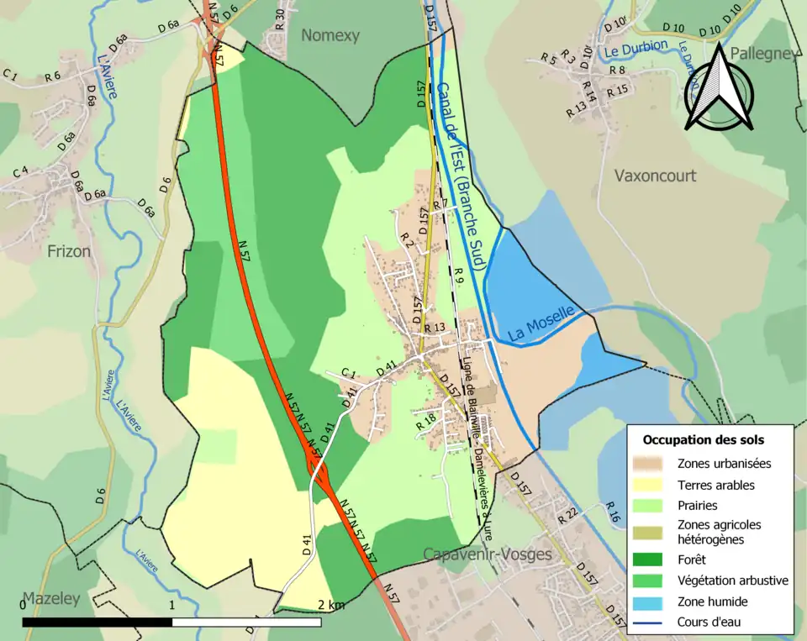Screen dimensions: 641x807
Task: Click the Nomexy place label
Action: [x=330, y=35]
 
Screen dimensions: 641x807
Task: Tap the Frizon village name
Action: [x=68, y=250]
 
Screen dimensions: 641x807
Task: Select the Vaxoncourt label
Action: [x=656, y=176]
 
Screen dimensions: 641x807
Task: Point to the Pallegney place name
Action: [x=764, y=54]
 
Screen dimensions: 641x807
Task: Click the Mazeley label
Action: [x=50, y=599]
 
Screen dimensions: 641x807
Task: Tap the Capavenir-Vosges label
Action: [x=488, y=554]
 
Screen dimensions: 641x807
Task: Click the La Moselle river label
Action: [x=541, y=323]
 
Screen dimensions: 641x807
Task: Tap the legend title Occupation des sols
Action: [x=704, y=439]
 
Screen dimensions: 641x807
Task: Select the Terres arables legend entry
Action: [x=715, y=485]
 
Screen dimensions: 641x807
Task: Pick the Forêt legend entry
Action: [x=694, y=558]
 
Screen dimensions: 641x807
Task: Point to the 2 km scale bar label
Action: [x=330, y=605]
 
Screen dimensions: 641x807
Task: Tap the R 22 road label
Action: [x=568, y=513]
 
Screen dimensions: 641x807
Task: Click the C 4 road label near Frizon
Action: [x=20, y=172]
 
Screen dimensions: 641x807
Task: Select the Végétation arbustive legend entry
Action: [x=733, y=580]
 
